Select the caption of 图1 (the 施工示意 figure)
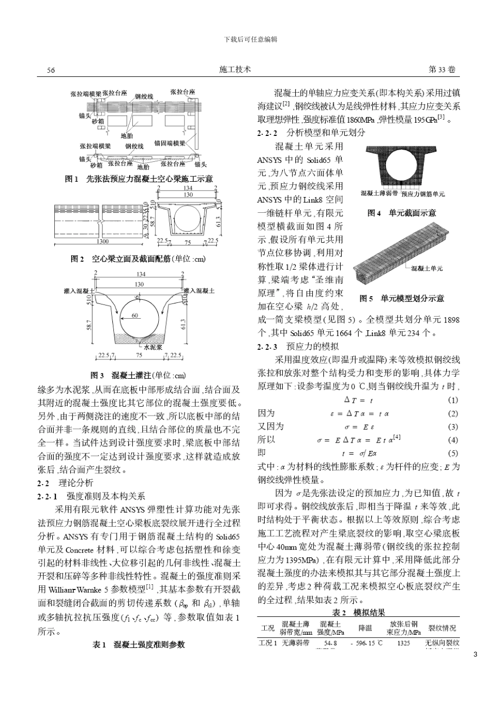[140, 179]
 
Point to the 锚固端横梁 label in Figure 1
[169, 143]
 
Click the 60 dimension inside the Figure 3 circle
[135, 316]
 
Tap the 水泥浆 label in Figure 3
[153, 347]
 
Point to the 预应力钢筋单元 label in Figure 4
[423, 194]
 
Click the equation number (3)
[452, 427]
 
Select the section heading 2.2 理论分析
[65, 483]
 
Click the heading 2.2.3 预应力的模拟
[297, 347]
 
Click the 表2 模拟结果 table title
[359, 612]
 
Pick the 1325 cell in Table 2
[403, 643]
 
